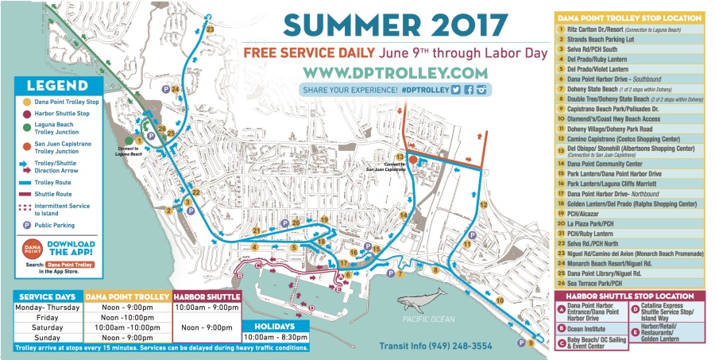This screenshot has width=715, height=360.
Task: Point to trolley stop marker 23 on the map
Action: tap(210, 29)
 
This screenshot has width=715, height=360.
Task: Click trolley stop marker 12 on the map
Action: tap(483, 205)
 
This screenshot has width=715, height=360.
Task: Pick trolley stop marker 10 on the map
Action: tap(499, 300)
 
